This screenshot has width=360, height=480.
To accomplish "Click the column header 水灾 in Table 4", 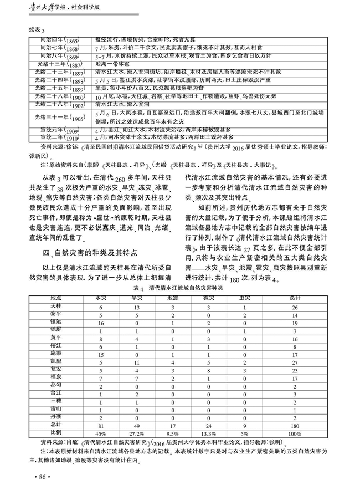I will coord(101,297).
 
